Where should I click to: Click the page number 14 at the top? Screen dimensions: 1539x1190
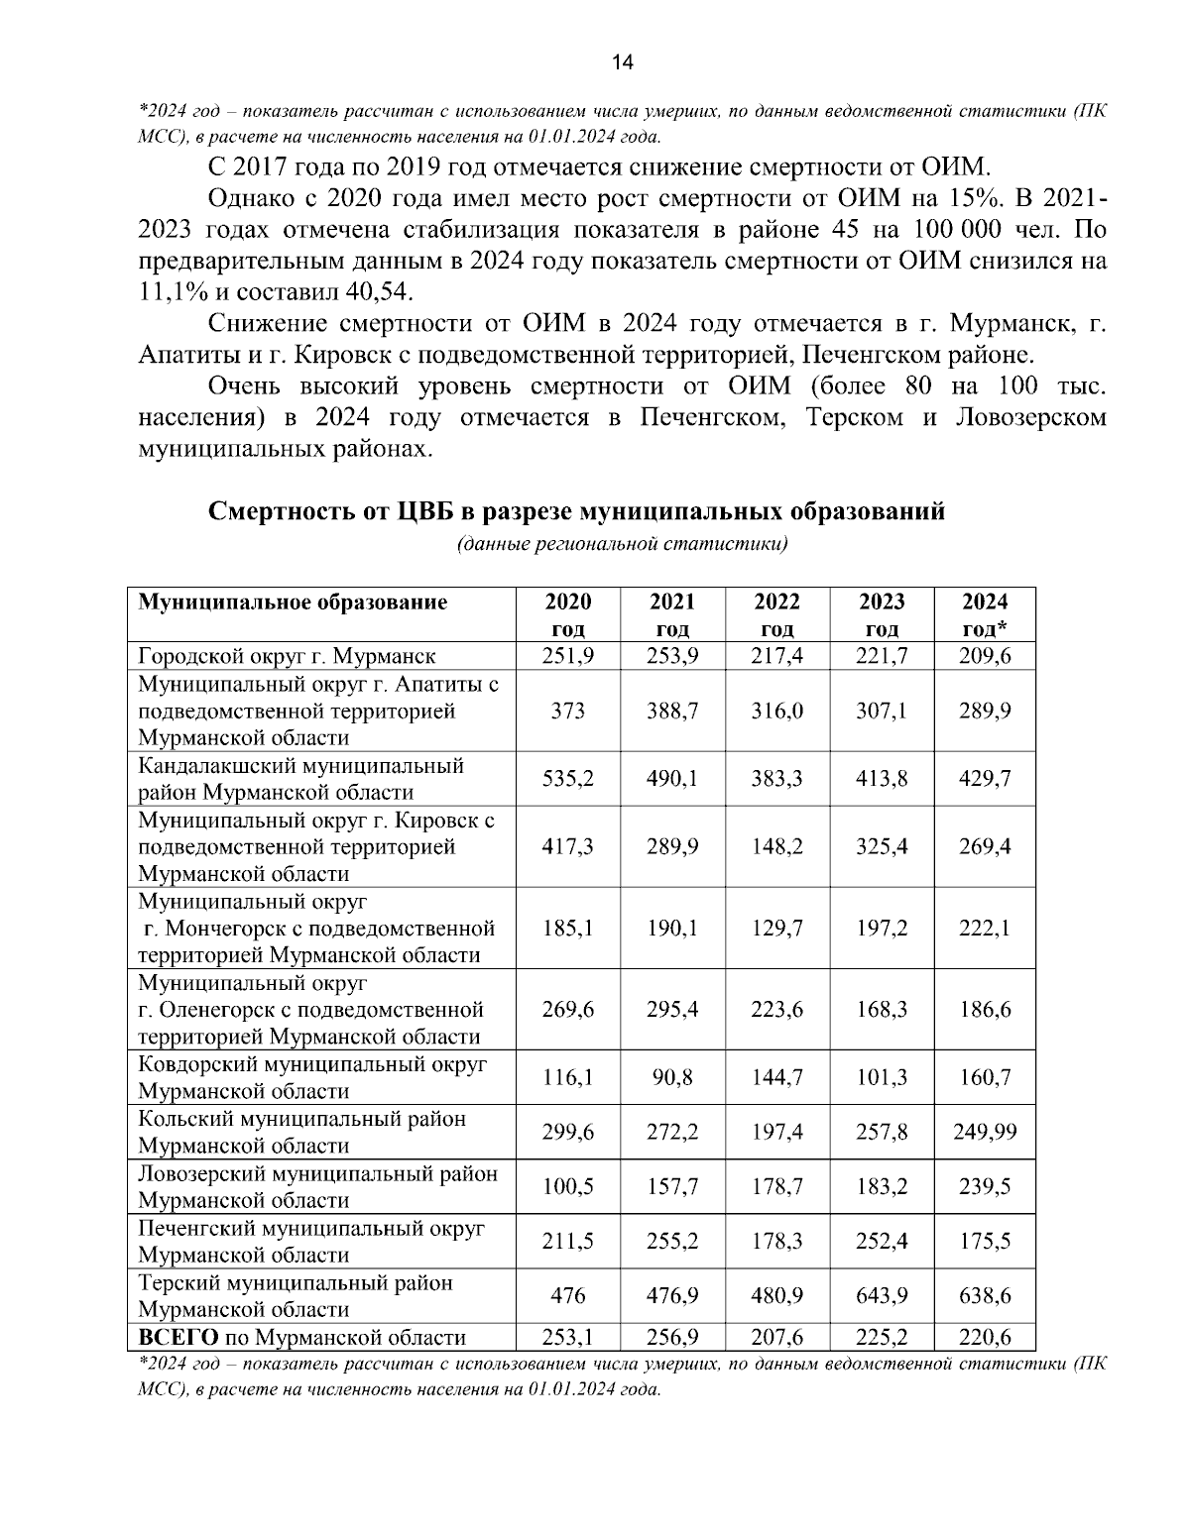click(622, 62)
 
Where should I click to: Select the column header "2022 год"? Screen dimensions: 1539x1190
click(776, 614)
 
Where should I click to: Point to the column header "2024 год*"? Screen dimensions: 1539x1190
click(985, 614)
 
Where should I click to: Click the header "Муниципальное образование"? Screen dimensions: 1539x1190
click(293, 602)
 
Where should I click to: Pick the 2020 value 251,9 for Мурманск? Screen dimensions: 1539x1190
click(568, 656)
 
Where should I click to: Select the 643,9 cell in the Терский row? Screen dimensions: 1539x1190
click(882, 1296)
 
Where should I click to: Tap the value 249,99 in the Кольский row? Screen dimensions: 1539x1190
click(985, 1132)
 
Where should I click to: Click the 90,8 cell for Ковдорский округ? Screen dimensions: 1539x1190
click(672, 1077)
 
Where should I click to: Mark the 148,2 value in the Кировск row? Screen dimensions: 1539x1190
click(776, 847)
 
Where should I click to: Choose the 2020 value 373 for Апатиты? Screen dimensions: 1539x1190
click(568, 711)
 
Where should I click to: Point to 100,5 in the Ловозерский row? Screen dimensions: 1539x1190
click(568, 1186)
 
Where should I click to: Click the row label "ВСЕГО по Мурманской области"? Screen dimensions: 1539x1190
click(301, 1337)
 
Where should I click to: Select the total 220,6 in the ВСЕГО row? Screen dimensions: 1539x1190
click(985, 1337)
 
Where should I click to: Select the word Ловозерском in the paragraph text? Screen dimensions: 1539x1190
click(1030, 417)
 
